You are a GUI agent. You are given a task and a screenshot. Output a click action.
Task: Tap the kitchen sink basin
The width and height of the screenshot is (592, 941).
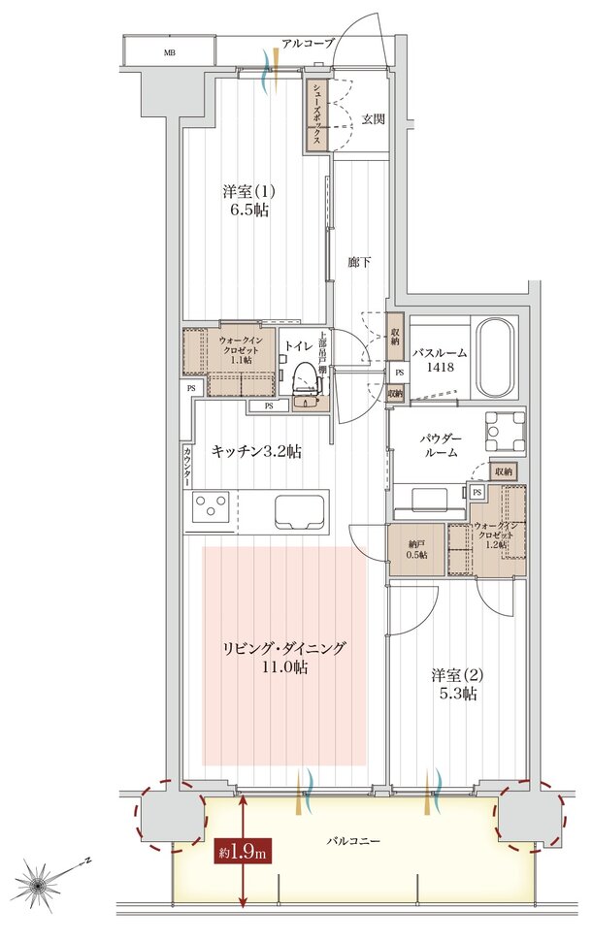301,508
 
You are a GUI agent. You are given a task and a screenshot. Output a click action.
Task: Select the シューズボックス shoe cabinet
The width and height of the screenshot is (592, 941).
317,114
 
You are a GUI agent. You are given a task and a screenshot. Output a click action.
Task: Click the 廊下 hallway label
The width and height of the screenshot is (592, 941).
360,261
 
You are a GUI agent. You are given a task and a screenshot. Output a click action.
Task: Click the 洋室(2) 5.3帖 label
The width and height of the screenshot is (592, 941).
454,684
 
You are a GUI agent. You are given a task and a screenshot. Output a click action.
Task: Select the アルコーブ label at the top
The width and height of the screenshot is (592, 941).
308,43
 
